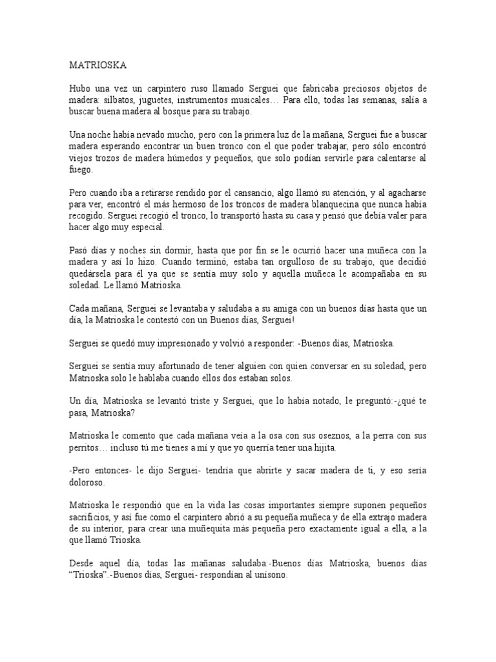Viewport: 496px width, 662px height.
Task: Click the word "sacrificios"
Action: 91,518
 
